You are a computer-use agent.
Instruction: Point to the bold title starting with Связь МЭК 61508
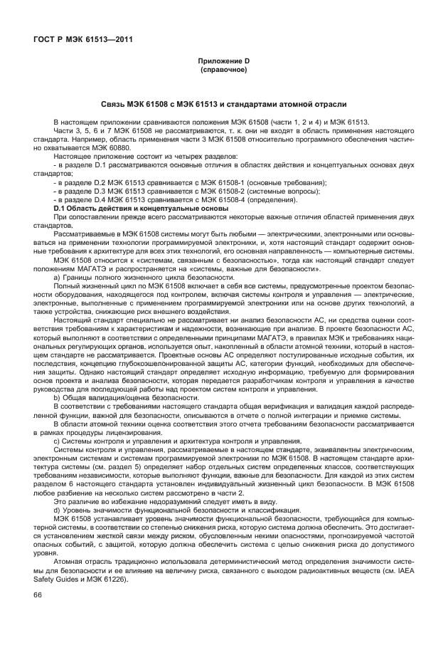coord(223,103)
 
